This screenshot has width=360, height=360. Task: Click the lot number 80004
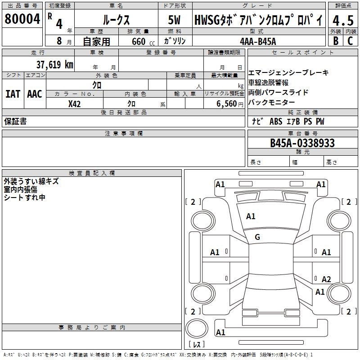(22, 19)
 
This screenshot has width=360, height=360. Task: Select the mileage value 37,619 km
(54, 65)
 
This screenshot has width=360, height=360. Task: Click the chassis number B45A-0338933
(302, 143)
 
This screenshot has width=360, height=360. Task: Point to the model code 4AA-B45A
(258, 41)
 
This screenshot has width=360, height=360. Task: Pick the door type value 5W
(175, 20)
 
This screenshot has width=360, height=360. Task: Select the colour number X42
(75, 103)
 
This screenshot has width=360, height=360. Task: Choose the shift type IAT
(13, 94)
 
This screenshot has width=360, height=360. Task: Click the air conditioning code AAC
(35, 94)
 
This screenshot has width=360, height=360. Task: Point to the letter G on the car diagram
(257, 237)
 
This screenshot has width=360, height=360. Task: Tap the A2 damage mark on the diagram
(326, 279)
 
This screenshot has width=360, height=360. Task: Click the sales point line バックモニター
(272, 102)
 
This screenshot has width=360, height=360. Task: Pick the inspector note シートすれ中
(25, 197)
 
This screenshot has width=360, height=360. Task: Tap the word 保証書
(15, 121)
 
